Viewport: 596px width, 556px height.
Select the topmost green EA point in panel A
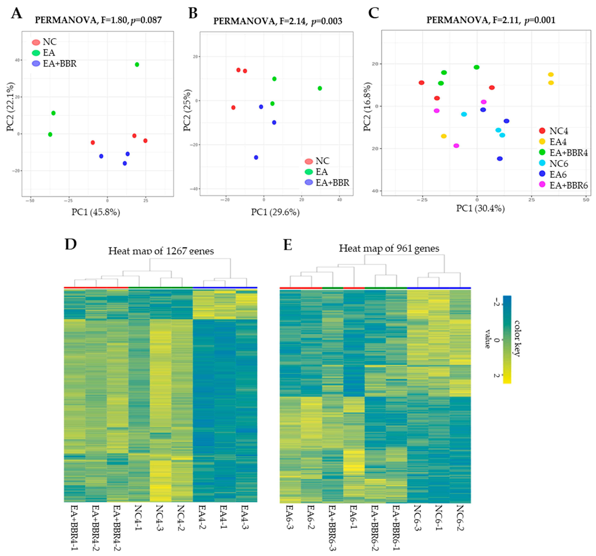[137, 65]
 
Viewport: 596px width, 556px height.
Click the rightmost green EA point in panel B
[320, 88]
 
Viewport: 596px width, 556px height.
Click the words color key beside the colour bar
[517, 338]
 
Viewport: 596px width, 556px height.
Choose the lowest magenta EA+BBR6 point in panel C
[456, 146]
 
